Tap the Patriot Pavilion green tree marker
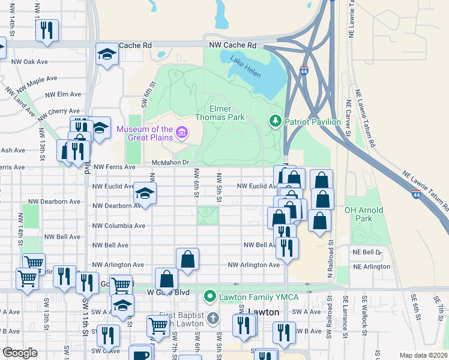click(x=276, y=121)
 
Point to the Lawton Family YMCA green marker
click(x=209, y=296)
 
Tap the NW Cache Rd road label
click(x=232, y=45)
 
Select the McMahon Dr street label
click(x=170, y=162)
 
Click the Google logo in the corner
click(x=20, y=353)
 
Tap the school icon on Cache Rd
click(x=107, y=55)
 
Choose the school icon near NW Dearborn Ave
click(x=145, y=193)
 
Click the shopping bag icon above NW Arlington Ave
click(x=187, y=259)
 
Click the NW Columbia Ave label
click(x=119, y=226)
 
